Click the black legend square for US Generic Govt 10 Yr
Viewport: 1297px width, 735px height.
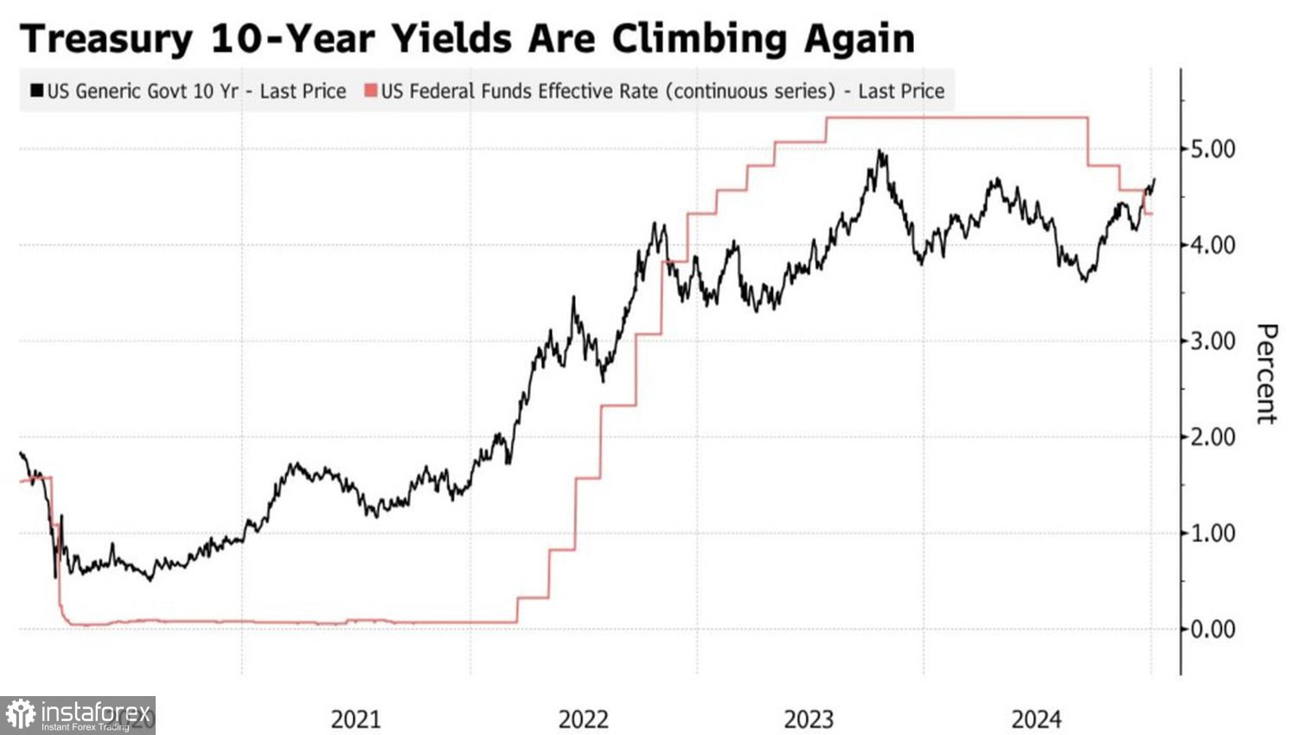pyautogui.click(x=36, y=91)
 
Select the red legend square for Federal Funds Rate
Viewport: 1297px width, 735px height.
pyautogui.click(x=371, y=91)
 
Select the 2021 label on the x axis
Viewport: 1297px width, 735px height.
pyautogui.click(x=355, y=719)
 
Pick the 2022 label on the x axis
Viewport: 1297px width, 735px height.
pyautogui.click(x=583, y=719)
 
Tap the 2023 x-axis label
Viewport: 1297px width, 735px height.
pyautogui.click(x=808, y=719)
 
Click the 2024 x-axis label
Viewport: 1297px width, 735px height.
pyautogui.click(x=1036, y=719)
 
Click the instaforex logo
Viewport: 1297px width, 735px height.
pyautogui.click(x=78, y=715)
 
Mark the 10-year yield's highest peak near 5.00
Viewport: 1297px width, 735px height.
pyautogui.click(x=879, y=151)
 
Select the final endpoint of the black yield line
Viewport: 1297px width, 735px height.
pyautogui.click(x=1154, y=180)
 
